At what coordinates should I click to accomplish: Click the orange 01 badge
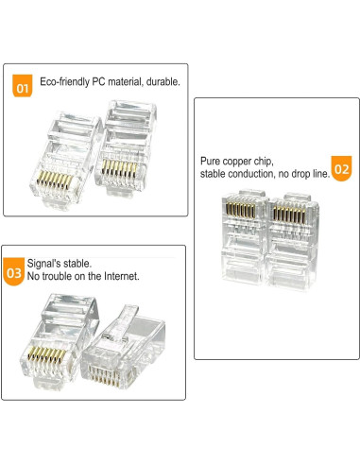pyautogui.click(x=25, y=87)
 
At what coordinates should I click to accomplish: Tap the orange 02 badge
pyautogui.click(x=341, y=171)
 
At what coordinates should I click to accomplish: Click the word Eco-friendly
pyautogui.click(x=63, y=82)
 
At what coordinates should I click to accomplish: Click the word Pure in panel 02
pyautogui.click(x=211, y=163)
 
